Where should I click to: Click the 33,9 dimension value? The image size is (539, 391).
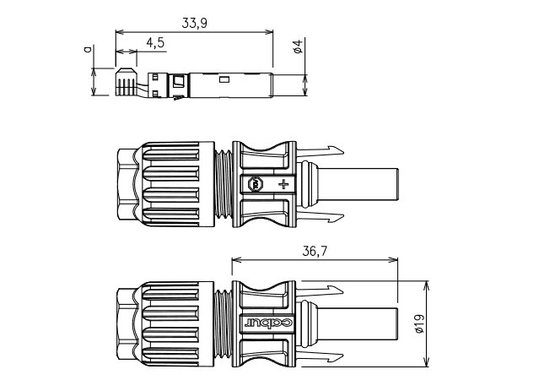[194, 23]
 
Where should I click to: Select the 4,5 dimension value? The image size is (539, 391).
[155, 43]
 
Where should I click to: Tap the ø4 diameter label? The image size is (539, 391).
[298, 46]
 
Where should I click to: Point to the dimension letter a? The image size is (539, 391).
[88, 50]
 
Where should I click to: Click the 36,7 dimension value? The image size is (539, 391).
[315, 252]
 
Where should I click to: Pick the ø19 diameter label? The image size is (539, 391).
[419, 323]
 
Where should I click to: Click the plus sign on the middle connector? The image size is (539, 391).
[283, 185]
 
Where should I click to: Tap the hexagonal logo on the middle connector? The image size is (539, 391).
[255, 184]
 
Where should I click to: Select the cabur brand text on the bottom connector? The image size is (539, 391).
[268, 323]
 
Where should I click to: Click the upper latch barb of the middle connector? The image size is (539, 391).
[320, 150]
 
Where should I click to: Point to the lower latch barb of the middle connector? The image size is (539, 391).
[320, 218]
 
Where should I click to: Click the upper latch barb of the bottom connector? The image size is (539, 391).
[320, 290]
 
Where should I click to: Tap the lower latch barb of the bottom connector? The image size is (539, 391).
[320, 357]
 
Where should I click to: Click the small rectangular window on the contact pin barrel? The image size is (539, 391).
[224, 80]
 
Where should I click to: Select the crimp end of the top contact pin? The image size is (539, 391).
[127, 82]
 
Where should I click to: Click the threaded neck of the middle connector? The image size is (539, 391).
[223, 184]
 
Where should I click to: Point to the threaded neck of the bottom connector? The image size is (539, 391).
[223, 323]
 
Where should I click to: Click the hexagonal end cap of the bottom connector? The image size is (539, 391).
[127, 323]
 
